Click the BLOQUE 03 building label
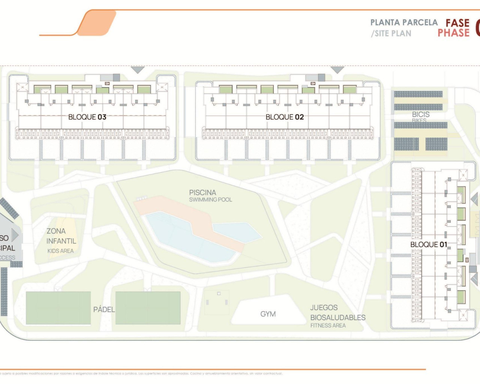(87, 117)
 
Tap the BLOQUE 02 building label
(285, 117)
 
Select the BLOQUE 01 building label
(429, 244)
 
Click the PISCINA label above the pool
(202, 192)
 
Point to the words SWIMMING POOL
(210, 200)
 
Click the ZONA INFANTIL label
(61, 236)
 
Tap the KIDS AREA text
(60, 251)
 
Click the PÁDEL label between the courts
(104, 309)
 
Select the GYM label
(268, 314)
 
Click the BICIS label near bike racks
(421, 114)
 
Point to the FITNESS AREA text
(328, 325)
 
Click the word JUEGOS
(324, 308)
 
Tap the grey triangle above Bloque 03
(138, 70)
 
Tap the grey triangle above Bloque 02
(337, 70)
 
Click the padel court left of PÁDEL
(58, 308)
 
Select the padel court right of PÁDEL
(148, 308)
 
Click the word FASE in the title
(457, 23)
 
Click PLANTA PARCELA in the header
(404, 22)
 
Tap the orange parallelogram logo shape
(96, 23)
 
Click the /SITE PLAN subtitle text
(391, 33)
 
